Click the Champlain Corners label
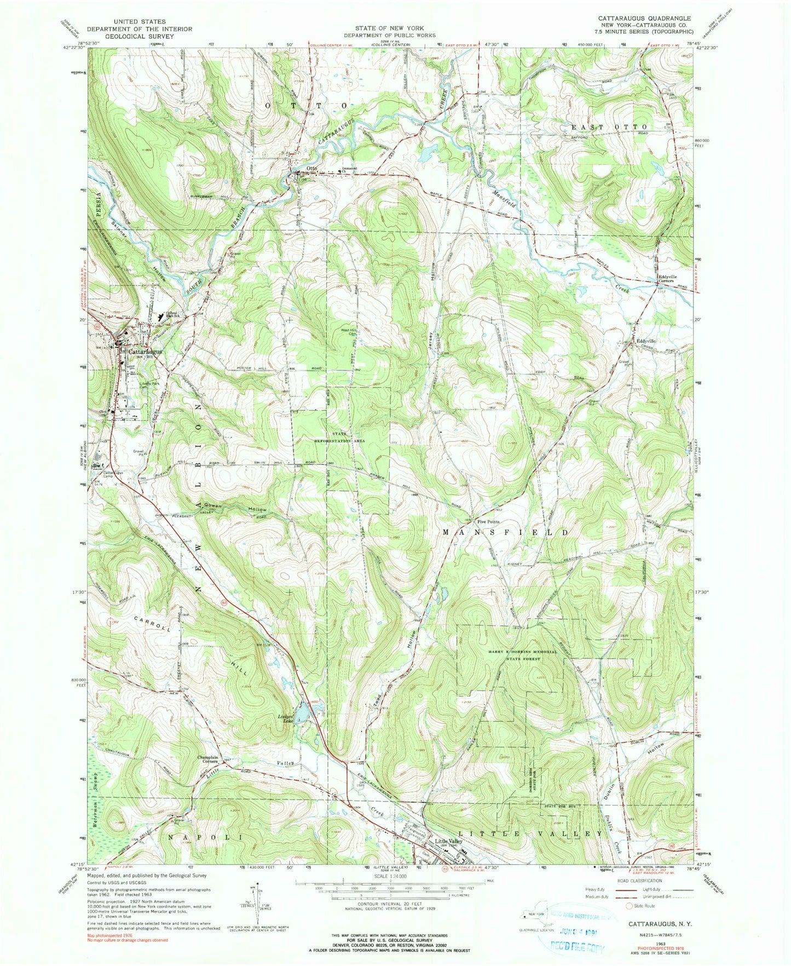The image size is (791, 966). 208,760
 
